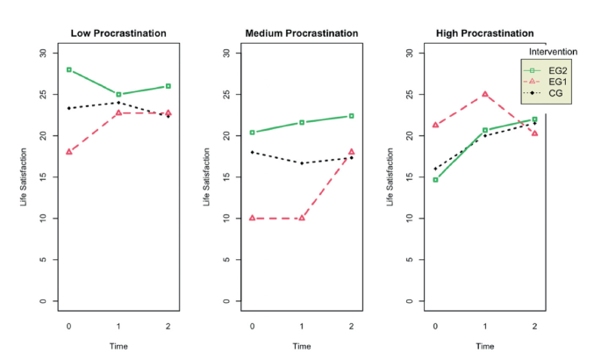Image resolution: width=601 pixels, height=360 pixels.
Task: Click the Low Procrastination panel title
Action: tap(118, 33)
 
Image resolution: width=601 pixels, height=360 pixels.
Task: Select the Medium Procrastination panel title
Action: tap(302, 33)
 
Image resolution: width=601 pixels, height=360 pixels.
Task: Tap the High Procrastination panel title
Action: tap(484, 33)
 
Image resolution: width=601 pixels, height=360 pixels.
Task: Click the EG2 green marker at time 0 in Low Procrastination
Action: tap(68, 69)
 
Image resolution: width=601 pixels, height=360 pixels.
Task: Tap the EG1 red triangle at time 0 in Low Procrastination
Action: tap(68, 152)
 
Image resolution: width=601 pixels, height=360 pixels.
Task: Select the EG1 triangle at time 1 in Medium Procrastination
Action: tap(302, 218)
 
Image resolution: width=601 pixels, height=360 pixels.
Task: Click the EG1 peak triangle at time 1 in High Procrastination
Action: tap(484, 94)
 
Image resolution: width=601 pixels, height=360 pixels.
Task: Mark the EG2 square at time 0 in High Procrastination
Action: tap(435, 179)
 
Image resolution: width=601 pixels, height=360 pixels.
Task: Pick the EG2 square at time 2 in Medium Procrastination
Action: tap(352, 116)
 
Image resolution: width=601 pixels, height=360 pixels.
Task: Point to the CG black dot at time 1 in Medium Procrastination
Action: tap(302, 163)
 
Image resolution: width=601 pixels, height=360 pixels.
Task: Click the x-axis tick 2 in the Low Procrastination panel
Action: tap(168, 325)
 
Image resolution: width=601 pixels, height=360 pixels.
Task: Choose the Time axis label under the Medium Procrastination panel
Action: tap(302, 346)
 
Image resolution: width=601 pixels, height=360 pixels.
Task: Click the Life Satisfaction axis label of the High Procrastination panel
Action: tap(390, 177)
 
